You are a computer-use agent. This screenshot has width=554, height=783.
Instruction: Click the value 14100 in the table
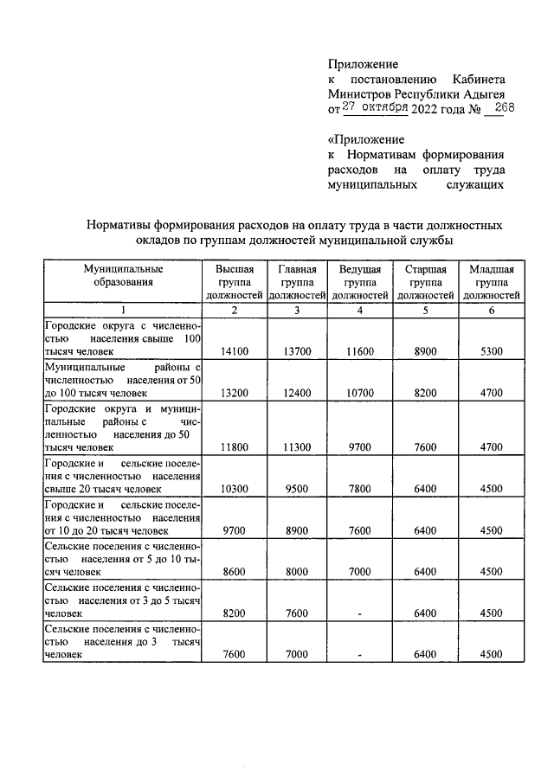click(235, 352)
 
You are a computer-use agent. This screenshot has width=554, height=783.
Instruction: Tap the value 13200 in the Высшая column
click(235, 393)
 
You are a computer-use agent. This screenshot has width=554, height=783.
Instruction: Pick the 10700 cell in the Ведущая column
click(359, 393)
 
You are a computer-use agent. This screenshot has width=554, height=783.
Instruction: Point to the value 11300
click(297, 447)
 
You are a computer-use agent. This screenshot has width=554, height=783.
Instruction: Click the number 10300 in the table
click(235, 489)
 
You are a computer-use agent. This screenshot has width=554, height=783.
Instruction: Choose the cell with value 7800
click(359, 489)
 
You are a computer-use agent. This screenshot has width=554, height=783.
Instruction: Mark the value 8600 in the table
click(235, 572)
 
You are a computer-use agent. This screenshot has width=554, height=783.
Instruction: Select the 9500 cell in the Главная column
click(297, 489)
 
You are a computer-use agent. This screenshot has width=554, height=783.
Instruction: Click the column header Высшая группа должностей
click(235, 282)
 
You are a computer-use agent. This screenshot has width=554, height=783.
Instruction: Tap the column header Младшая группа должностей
click(491, 282)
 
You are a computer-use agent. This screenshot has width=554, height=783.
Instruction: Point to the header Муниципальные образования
click(123, 275)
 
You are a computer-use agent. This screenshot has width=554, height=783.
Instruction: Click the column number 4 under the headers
click(359, 311)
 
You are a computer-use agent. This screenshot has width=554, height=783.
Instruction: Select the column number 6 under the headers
click(491, 311)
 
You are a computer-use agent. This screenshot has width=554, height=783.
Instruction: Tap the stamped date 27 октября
click(375, 107)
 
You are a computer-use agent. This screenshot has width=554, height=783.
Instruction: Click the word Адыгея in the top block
click(480, 93)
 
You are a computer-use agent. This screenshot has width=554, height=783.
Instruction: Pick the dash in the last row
click(359, 656)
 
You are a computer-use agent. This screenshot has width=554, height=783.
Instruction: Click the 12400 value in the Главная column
click(297, 393)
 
